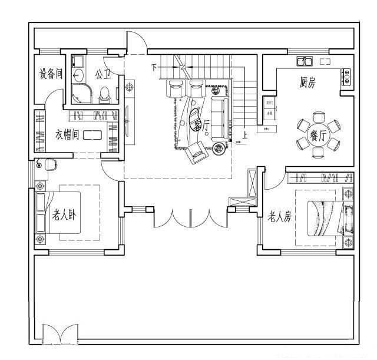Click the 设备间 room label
(x=51, y=74)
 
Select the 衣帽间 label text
(x=68, y=134)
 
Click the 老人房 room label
(x=280, y=217)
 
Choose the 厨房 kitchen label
(x=307, y=82)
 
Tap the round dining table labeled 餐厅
(x=318, y=135)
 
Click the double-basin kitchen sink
(x=305, y=60)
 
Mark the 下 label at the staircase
(x=154, y=68)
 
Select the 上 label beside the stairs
(x=244, y=134)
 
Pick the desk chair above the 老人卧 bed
(x=50, y=164)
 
